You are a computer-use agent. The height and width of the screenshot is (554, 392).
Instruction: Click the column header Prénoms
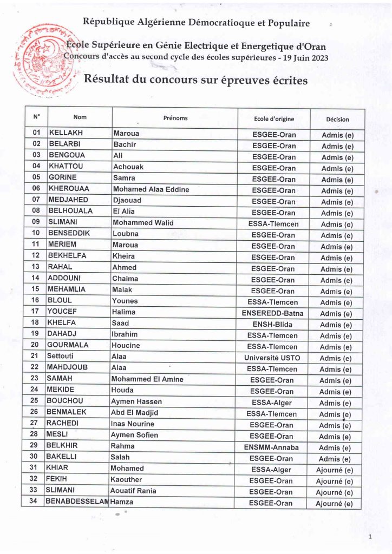(175, 118)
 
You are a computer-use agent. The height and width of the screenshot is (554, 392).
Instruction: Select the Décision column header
(337, 119)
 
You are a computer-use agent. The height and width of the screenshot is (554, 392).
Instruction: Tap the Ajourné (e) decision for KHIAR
(334, 470)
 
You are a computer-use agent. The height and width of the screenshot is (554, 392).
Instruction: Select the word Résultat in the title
(106, 81)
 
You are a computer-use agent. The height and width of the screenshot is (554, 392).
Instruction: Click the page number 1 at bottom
(370, 537)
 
